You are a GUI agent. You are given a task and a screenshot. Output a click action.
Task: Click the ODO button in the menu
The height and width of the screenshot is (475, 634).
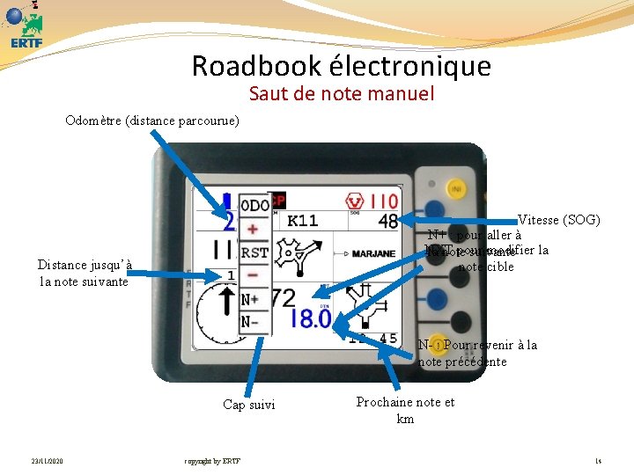255,206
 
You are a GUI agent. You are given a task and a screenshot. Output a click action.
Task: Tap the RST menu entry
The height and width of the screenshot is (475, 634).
254,252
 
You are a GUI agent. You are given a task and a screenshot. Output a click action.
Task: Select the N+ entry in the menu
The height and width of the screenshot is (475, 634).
252,300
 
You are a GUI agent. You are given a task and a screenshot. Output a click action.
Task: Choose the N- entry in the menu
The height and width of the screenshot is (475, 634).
251,321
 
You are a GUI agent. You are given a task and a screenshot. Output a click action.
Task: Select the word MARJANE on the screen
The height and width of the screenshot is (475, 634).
373,254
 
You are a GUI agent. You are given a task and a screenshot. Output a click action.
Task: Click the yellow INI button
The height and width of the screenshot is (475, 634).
457,189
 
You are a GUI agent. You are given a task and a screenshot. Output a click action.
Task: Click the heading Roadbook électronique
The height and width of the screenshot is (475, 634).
341,66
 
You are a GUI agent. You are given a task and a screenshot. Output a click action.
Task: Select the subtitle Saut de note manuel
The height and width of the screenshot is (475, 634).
342,93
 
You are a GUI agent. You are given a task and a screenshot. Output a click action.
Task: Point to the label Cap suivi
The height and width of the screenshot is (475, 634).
248,405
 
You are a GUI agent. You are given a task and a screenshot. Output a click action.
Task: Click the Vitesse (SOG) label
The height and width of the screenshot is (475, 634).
559,219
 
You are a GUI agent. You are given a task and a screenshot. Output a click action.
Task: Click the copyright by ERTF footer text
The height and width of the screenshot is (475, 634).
211,461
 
